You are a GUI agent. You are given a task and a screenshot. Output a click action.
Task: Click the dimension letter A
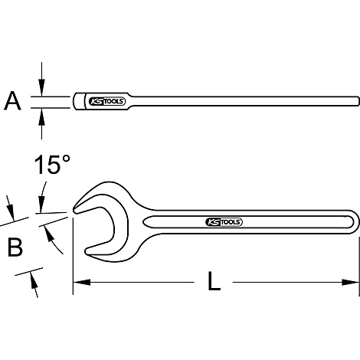[12, 100]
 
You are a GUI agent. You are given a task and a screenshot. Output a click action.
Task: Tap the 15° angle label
[52, 165]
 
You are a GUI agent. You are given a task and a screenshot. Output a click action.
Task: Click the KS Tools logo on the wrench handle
[224, 222]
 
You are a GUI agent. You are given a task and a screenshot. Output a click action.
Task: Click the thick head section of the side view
[79, 100]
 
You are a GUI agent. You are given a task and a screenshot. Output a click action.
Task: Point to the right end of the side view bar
[356, 100]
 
